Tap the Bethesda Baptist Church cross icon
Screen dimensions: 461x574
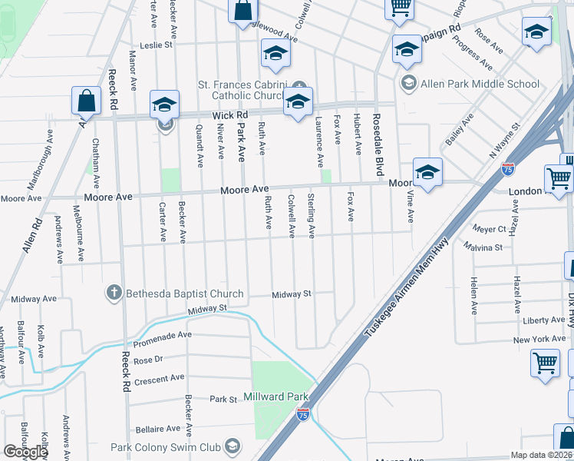114,293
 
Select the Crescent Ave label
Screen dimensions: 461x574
159,378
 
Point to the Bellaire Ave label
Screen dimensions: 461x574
157,429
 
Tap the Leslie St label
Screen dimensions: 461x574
156,45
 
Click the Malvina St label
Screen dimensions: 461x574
483,247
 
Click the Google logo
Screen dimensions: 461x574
25,452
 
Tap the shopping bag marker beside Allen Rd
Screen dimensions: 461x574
86,101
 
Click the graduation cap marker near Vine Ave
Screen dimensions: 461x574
427,172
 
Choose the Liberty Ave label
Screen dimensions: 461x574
544,320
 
